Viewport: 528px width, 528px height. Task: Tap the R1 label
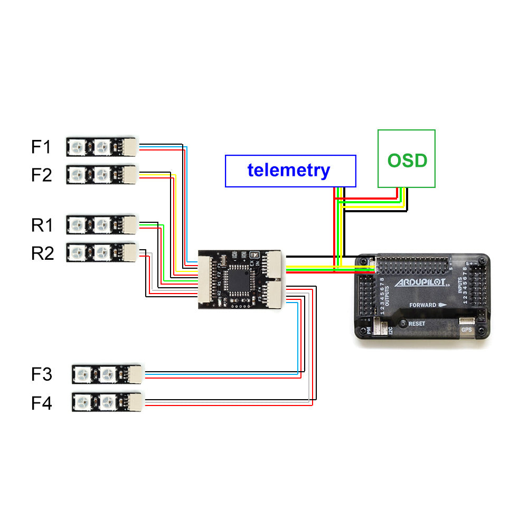click(42, 225)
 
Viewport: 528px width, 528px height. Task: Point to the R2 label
click(42, 253)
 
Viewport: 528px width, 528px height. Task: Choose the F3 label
click(41, 375)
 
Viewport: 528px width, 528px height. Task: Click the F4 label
click(41, 403)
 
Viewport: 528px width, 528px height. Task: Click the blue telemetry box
click(290, 171)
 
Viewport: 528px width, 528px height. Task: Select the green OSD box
click(407, 159)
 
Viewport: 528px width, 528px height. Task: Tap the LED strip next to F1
click(101, 147)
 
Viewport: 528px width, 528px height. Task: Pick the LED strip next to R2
click(101, 252)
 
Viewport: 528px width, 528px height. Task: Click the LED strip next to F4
click(107, 402)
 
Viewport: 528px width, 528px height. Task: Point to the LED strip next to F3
click(107, 374)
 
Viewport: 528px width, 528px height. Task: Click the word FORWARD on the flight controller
click(422, 305)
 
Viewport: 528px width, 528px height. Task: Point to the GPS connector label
click(467, 330)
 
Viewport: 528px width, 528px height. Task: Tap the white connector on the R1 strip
click(130, 224)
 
